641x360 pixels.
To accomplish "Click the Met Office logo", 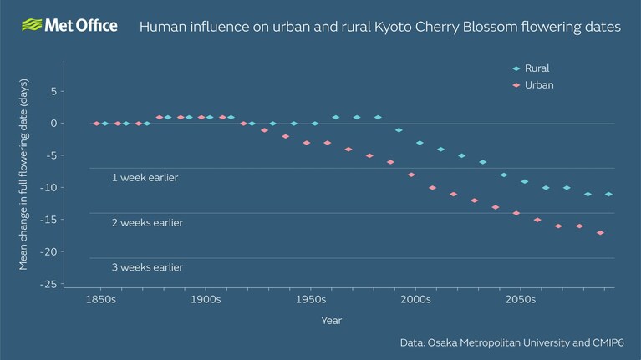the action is click(x=69, y=25).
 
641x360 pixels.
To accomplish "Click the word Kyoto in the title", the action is click(x=394, y=27).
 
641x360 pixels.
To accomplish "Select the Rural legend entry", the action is click(x=531, y=68).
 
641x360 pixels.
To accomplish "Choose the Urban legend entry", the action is click(x=533, y=85).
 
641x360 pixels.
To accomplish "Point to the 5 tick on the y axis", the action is click(x=54, y=92).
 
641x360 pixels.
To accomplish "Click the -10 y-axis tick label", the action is click(x=48, y=188).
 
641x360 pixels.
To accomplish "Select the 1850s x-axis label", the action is click(x=101, y=300).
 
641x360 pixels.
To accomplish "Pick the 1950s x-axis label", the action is click(x=311, y=300).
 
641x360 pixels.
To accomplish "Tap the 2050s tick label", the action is click(x=521, y=300).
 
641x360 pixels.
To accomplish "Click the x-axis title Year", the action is click(x=331, y=321).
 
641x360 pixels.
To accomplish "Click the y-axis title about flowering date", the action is click(x=23, y=175).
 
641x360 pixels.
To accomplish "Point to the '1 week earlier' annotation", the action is click(x=145, y=178).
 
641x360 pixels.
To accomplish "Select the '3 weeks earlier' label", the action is click(x=147, y=267).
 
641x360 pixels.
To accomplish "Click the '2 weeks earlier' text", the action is click(x=147, y=223).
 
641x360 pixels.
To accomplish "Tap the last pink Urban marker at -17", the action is click(x=600, y=233).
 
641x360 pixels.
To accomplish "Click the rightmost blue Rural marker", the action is click(x=608, y=195).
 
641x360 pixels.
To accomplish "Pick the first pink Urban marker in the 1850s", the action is click(x=96, y=124).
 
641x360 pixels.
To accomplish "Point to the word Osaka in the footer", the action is click(x=442, y=342).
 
